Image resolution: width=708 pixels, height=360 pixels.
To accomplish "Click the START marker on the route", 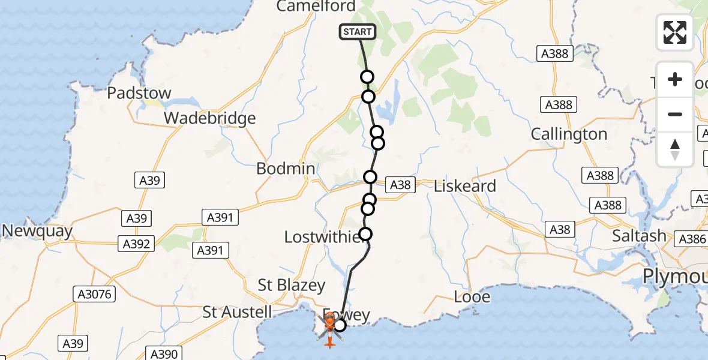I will point(358,32).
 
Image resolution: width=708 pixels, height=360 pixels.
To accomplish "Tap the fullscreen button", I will point(675,32).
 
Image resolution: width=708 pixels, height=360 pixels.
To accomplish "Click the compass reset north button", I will point(675,150).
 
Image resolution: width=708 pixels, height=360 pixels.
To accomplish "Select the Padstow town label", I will point(139,93).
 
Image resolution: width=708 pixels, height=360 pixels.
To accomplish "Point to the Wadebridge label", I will point(210,118).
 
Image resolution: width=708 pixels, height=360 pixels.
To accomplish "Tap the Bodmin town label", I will point(286,169).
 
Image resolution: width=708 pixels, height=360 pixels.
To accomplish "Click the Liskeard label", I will point(465,186).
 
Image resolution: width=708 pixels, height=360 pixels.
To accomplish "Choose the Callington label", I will point(569,134).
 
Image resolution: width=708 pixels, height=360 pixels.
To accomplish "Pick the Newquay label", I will point(37,231).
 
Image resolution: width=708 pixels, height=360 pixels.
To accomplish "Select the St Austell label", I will point(237,312).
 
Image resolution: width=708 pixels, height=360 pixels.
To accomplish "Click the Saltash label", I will point(640,236).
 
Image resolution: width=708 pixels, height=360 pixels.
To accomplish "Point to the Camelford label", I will point(317,7).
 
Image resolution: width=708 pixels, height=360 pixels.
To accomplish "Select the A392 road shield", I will point(136,244).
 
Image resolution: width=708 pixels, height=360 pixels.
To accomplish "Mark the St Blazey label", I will point(292,285).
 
